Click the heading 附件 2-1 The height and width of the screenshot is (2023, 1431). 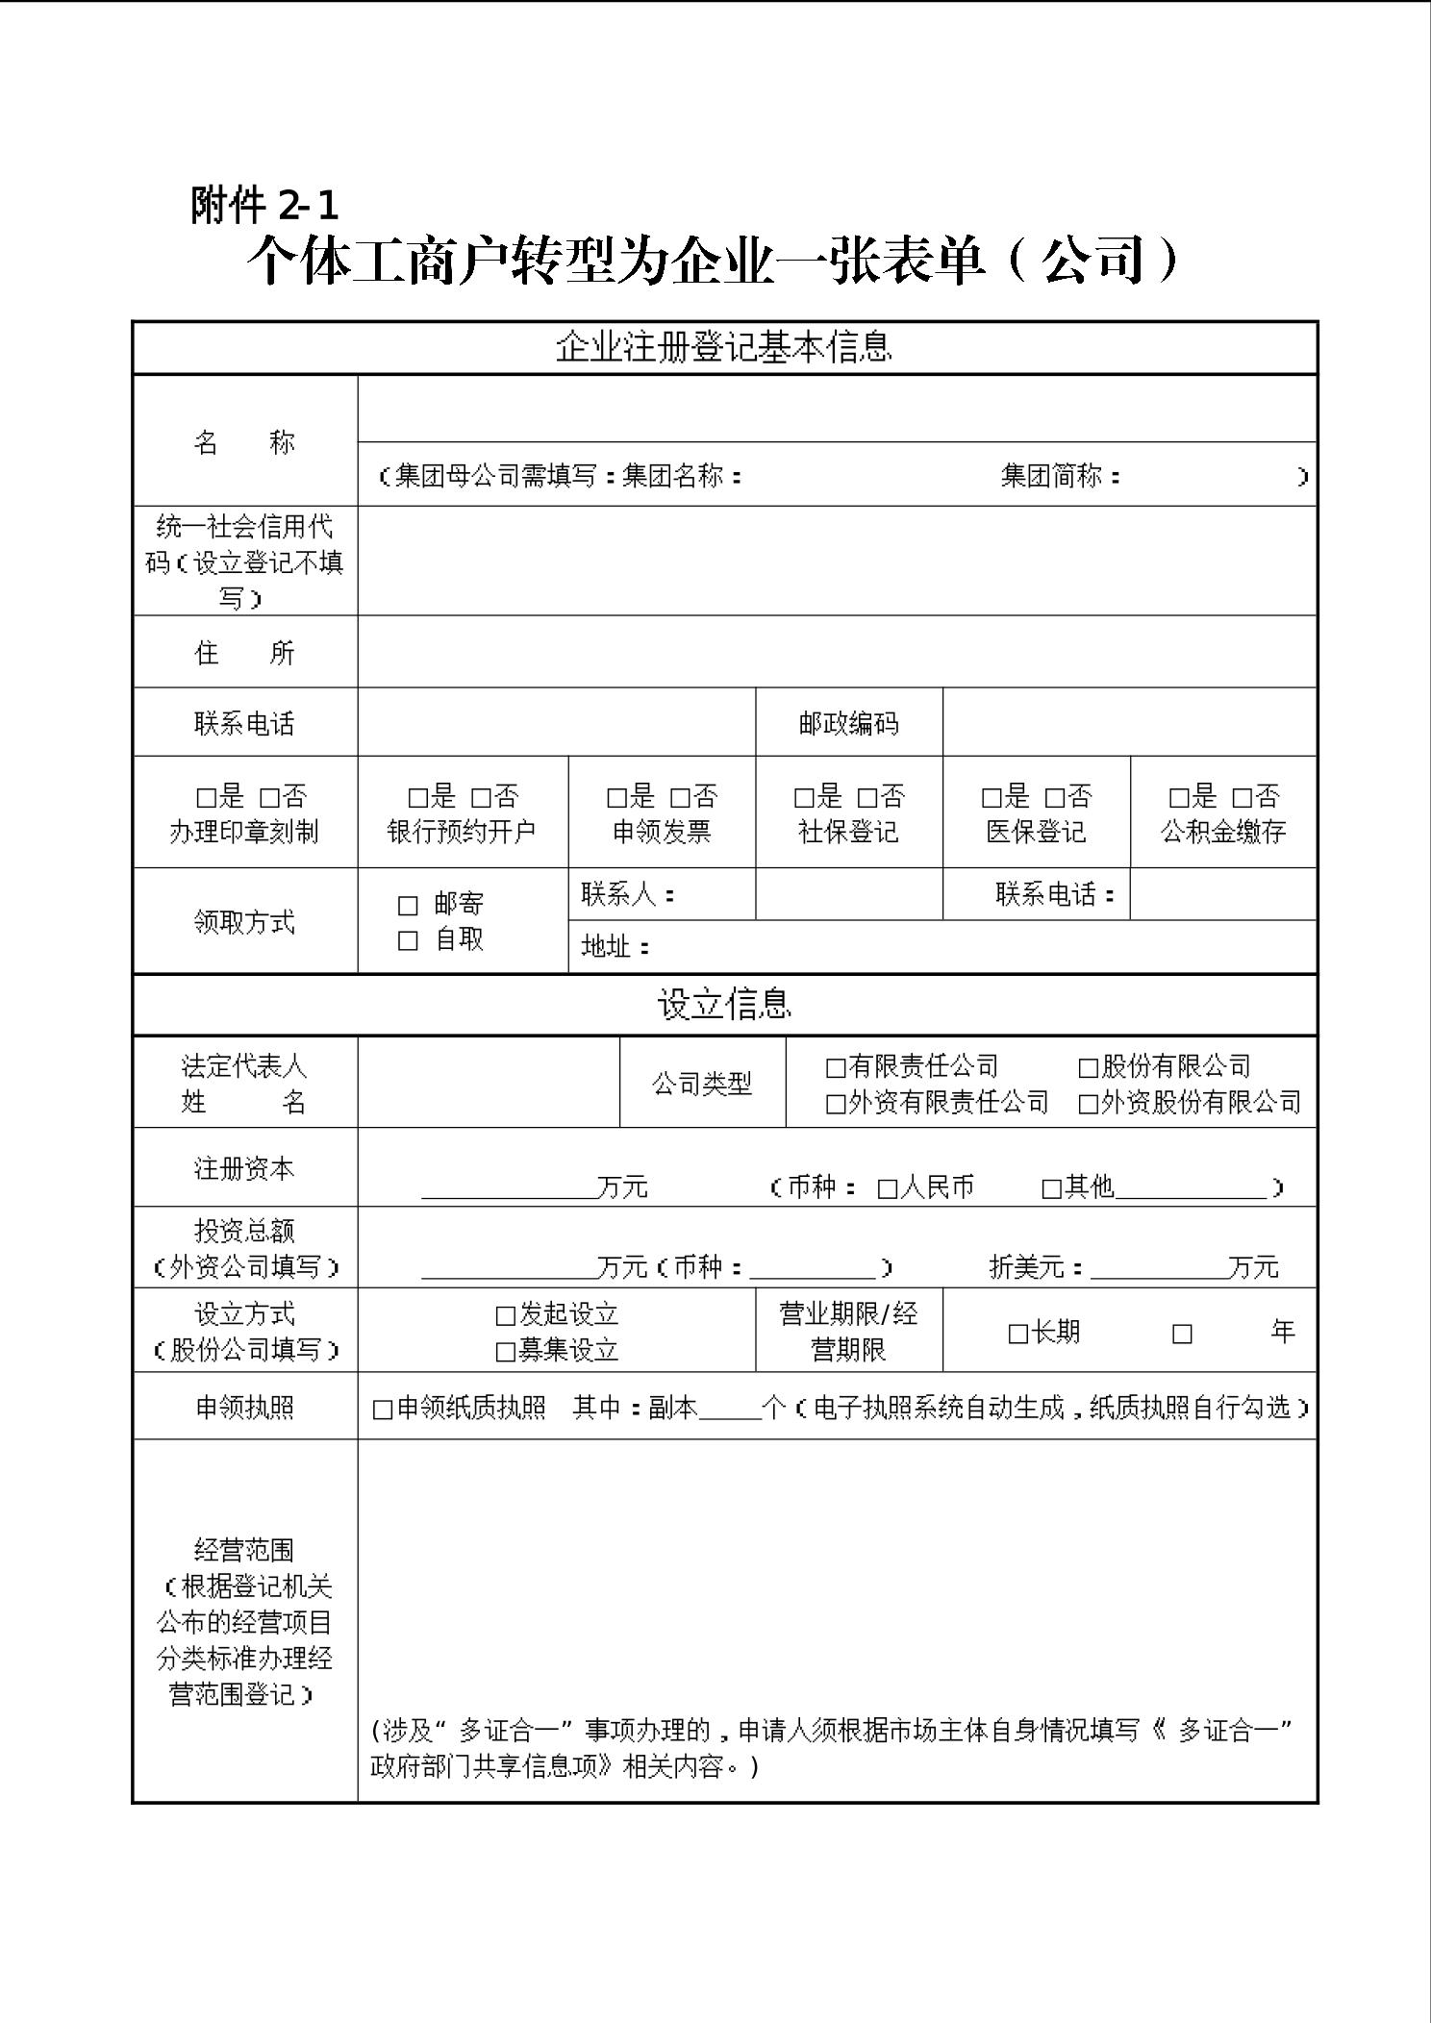pos(264,205)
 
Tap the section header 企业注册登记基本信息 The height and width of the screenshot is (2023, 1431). pos(723,347)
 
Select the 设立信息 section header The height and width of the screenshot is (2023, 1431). pos(723,1005)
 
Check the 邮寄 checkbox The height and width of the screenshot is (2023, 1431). pos(408,906)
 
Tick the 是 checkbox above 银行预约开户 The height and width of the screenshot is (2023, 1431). pos(417,798)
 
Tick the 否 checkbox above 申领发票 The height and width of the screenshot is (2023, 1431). pos(680,798)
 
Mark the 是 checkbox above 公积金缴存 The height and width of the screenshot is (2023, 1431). pos(1179,798)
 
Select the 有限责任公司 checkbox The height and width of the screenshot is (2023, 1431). pos(836,1068)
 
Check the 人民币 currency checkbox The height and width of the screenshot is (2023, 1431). pos(887,1189)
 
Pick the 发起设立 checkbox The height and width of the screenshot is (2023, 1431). pos(506,1316)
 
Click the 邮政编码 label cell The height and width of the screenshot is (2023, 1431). pos(848,723)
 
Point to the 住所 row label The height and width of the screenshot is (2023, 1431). pos(244,653)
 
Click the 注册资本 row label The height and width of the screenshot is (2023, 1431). pos(244,1169)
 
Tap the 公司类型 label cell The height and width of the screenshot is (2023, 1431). pos(702,1084)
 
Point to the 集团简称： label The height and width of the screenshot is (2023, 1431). pos(1061,476)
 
